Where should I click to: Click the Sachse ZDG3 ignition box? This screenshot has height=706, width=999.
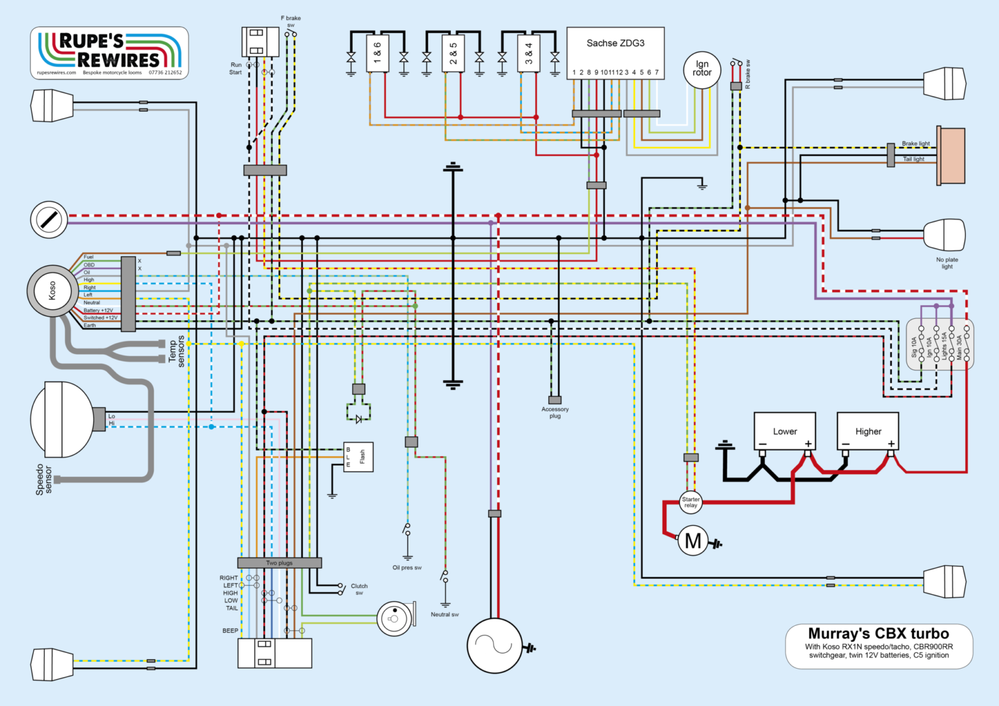point(615,52)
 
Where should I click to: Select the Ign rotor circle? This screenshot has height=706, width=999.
point(702,69)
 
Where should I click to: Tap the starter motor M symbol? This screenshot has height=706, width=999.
point(693,541)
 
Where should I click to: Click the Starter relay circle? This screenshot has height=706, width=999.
point(691,502)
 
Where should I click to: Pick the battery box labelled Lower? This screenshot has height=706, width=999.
point(785,431)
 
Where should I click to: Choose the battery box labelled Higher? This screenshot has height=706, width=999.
point(868,431)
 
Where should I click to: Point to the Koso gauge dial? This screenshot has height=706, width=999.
point(52,291)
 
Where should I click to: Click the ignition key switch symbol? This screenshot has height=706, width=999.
point(49,220)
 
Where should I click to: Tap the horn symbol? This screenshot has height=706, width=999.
point(395,619)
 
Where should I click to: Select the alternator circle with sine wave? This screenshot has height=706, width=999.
point(495,645)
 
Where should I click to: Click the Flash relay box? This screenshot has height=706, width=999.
point(358,457)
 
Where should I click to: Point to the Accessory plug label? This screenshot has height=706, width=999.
point(555,413)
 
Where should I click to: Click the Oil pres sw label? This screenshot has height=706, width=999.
point(407,568)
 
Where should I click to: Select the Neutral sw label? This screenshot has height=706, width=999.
point(445,615)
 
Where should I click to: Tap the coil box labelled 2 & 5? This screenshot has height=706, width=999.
point(453,54)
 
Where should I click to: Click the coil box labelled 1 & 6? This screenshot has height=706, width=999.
point(378,54)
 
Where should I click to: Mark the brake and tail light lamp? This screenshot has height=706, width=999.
point(950,156)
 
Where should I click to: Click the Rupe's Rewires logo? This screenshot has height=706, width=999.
point(109,53)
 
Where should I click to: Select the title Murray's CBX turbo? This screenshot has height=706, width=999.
point(878,634)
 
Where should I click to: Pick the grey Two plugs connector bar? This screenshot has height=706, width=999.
point(279,563)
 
